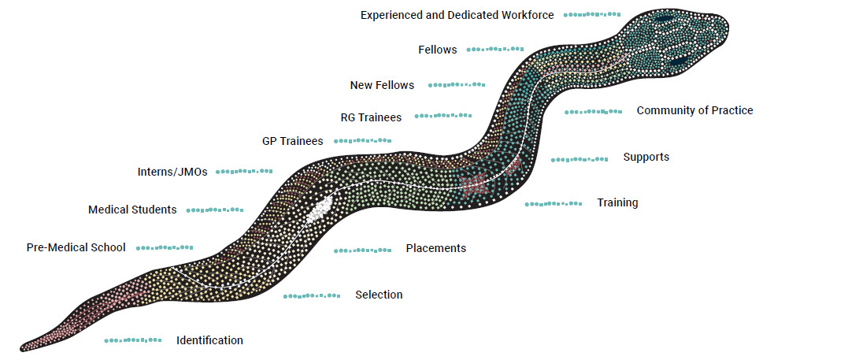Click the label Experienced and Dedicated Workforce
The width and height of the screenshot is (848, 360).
click(x=457, y=15)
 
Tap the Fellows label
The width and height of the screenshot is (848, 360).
click(x=437, y=50)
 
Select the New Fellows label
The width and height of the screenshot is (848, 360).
click(x=382, y=85)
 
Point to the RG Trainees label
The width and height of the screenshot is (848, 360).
click(x=371, y=117)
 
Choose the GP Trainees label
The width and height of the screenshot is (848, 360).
click(x=292, y=141)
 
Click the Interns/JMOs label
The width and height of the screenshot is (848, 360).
click(x=172, y=172)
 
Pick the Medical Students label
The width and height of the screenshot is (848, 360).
click(x=132, y=210)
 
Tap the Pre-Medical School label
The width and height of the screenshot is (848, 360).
click(x=76, y=247)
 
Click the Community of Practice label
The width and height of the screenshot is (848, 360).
click(x=694, y=110)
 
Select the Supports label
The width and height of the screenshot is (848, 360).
click(x=646, y=157)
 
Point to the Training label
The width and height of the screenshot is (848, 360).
click(x=617, y=202)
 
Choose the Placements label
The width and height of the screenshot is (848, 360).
click(x=435, y=248)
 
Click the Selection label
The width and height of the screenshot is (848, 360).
click(x=379, y=295)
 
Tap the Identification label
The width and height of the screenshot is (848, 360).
click(x=209, y=340)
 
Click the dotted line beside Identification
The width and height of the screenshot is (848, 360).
click(x=133, y=340)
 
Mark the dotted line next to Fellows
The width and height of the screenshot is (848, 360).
click(x=495, y=50)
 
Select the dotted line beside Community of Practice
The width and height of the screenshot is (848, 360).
click(x=593, y=112)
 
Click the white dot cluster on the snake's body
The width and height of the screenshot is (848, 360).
click(x=319, y=210)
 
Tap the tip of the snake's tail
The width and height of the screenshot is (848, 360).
click(x=24, y=347)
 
